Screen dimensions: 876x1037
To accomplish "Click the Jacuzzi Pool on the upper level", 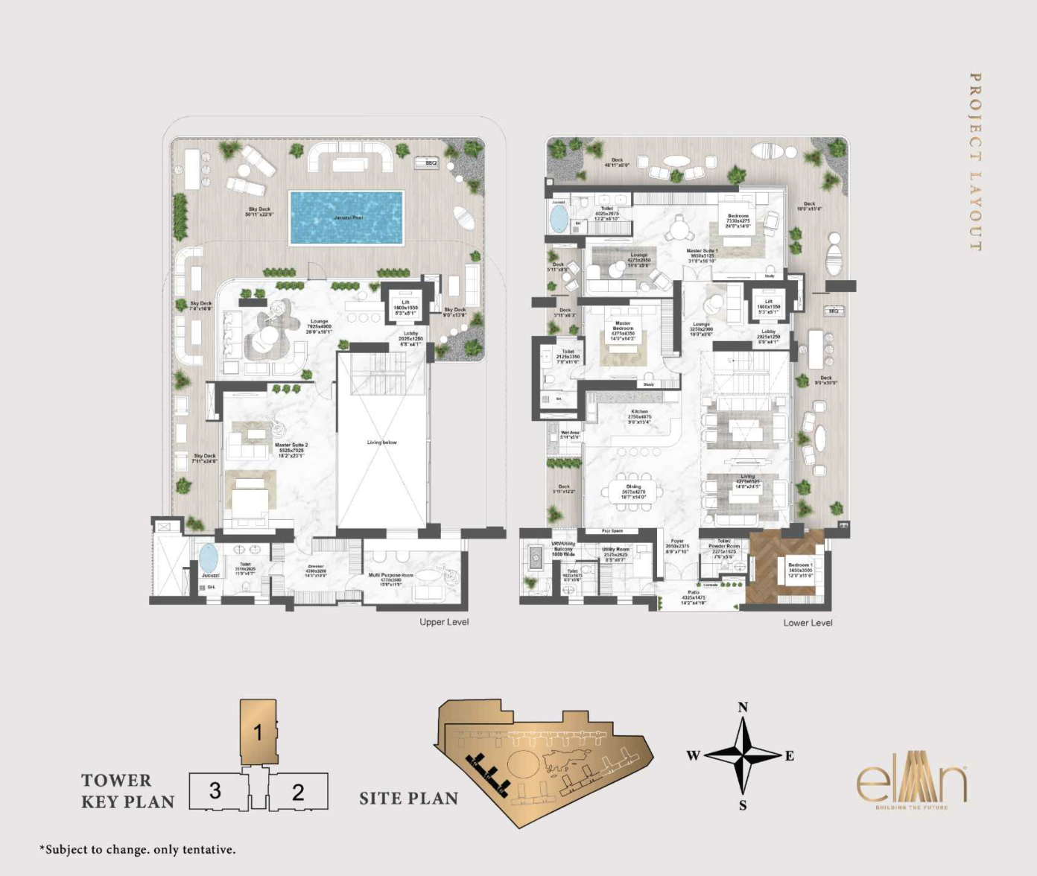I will pyautogui.click(x=346, y=218).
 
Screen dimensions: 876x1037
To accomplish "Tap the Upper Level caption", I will pyautogui.click(x=444, y=622).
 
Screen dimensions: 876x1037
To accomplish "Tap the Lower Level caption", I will pyautogui.click(x=808, y=623).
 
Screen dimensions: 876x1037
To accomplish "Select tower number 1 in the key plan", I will pyautogui.click(x=259, y=732).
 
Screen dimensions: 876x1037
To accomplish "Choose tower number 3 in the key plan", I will pyautogui.click(x=215, y=791).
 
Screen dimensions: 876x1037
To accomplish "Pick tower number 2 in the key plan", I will pyautogui.click(x=298, y=792).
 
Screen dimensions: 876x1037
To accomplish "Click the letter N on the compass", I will pyautogui.click(x=743, y=708).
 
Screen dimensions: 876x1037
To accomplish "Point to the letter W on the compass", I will pyautogui.click(x=693, y=755).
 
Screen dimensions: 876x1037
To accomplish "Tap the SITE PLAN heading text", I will pyautogui.click(x=409, y=799).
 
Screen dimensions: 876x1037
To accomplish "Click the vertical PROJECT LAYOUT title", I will pyautogui.click(x=975, y=162).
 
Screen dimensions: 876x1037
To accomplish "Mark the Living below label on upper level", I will pyautogui.click(x=382, y=442).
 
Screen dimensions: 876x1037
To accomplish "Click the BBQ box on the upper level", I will pyautogui.click(x=431, y=162).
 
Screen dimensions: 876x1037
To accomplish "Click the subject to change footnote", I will pyautogui.click(x=138, y=849).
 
